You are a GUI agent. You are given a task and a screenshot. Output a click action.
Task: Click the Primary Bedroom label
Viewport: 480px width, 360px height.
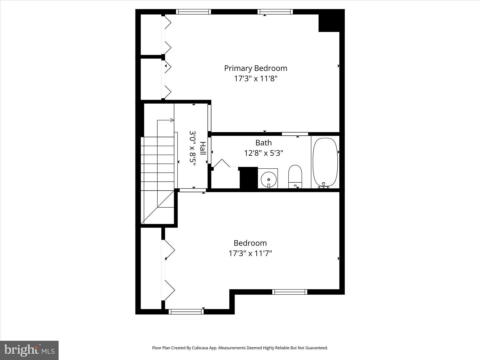[256, 68]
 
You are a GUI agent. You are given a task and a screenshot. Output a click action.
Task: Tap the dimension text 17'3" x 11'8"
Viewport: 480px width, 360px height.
[256, 78]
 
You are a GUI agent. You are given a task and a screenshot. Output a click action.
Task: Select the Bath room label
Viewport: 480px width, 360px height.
[264, 143]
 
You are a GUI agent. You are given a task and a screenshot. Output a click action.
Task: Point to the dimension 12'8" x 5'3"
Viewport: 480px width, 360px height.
[264, 153]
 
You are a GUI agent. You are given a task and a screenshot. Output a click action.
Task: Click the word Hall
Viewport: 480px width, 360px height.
[203, 148]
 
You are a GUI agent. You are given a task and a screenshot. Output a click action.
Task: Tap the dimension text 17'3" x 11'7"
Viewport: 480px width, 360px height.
[250, 253]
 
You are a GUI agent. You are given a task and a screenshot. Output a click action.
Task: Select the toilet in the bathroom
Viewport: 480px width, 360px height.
[295, 177]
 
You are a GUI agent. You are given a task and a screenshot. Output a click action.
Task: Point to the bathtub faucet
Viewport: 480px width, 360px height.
[324, 185]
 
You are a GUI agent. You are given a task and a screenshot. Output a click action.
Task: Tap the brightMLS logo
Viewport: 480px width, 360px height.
[29, 350]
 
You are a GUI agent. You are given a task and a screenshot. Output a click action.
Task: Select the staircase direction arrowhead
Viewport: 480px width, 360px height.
[172, 120]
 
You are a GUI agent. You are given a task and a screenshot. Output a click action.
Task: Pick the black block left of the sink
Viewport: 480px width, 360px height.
[249, 178]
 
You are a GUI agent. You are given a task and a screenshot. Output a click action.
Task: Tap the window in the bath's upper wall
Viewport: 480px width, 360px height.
[295, 134]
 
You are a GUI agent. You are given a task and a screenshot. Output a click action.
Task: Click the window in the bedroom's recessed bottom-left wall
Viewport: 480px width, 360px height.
[186, 311]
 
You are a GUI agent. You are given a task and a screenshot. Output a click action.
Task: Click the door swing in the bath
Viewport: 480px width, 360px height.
[222, 163]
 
